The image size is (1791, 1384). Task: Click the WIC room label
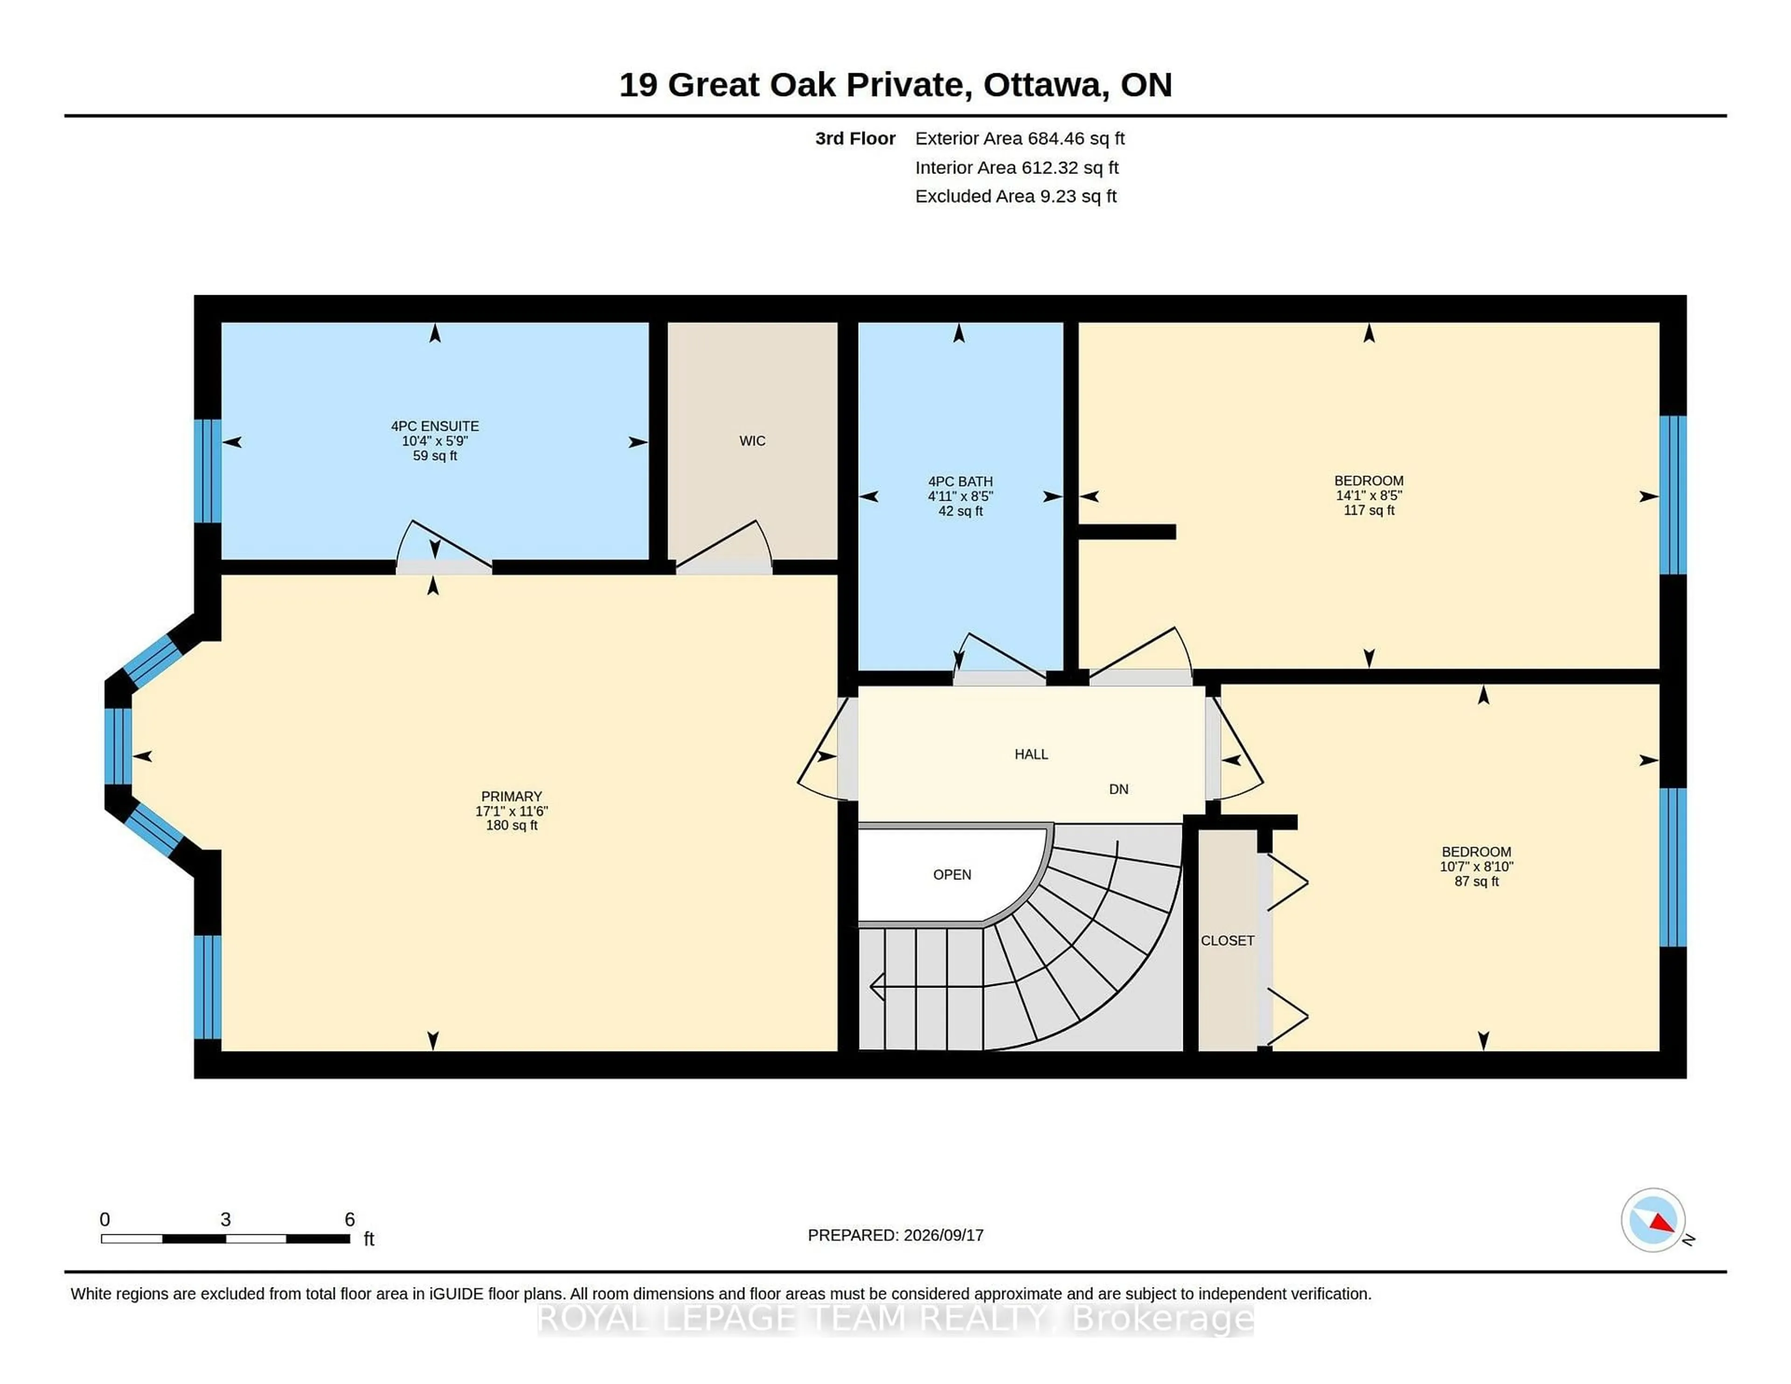[752, 441]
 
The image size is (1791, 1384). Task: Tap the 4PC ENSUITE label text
[435, 426]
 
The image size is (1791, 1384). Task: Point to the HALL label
[1031, 754]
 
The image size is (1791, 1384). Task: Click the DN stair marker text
[1118, 789]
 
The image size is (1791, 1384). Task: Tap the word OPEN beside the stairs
[952, 875]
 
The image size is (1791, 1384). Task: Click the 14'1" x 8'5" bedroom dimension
[1369, 495]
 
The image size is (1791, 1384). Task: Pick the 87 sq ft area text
[1476, 881]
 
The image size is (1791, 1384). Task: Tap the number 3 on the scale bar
[226, 1219]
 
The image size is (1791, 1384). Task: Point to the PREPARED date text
[895, 1235]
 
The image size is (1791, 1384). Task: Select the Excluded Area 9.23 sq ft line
[1016, 196]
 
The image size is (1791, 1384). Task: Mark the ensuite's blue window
[208, 471]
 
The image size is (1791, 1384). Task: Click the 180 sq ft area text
[512, 825]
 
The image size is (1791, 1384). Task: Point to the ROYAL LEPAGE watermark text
[895, 1318]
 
